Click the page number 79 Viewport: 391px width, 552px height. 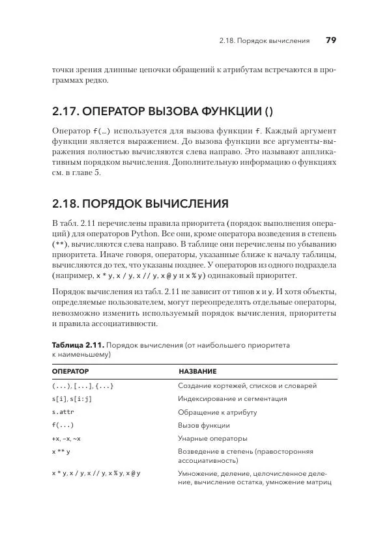[x=330, y=40]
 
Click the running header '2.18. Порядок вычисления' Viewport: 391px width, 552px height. [x=265, y=41]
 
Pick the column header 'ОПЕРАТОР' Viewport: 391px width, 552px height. [x=70, y=371]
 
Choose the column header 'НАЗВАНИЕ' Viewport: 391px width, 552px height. [x=197, y=371]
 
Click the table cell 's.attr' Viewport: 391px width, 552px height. [x=63, y=412]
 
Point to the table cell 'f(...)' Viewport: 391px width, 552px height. [x=63, y=425]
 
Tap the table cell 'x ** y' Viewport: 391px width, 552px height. [x=61, y=451]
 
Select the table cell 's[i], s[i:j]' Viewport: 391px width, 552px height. [x=72, y=399]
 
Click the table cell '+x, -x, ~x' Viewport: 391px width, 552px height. [x=66, y=438]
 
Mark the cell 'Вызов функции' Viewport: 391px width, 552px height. [x=203, y=425]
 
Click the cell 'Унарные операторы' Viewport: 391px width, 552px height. [x=212, y=438]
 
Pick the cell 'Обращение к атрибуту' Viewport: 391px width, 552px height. [x=217, y=412]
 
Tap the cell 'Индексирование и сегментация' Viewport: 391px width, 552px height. [x=232, y=399]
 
